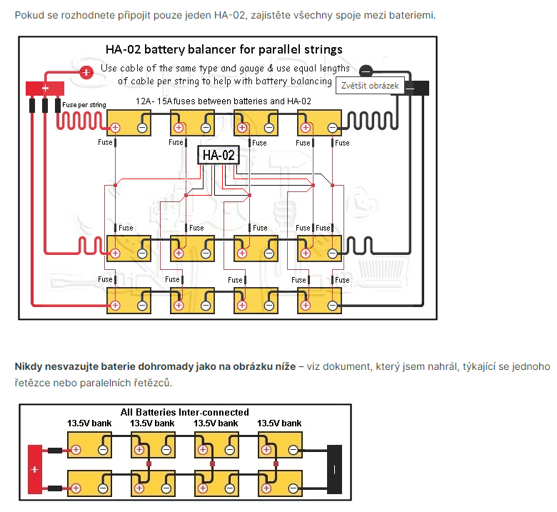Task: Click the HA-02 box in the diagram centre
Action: click(x=219, y=155)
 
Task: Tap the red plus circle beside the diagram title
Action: click(x=86, y=71)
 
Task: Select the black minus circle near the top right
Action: click(x=366, y=70)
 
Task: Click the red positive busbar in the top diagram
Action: click(x=44, y=89)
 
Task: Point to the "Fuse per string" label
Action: click(x=84, y=105)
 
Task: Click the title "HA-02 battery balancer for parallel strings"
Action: click(x=224, y=49)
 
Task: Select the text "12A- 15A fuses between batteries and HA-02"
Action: click(x=224, y=101)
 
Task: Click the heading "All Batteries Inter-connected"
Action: click(x=185, y=412)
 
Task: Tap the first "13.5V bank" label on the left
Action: click(x=89, y=423)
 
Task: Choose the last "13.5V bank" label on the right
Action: click(x=279, y=423)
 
